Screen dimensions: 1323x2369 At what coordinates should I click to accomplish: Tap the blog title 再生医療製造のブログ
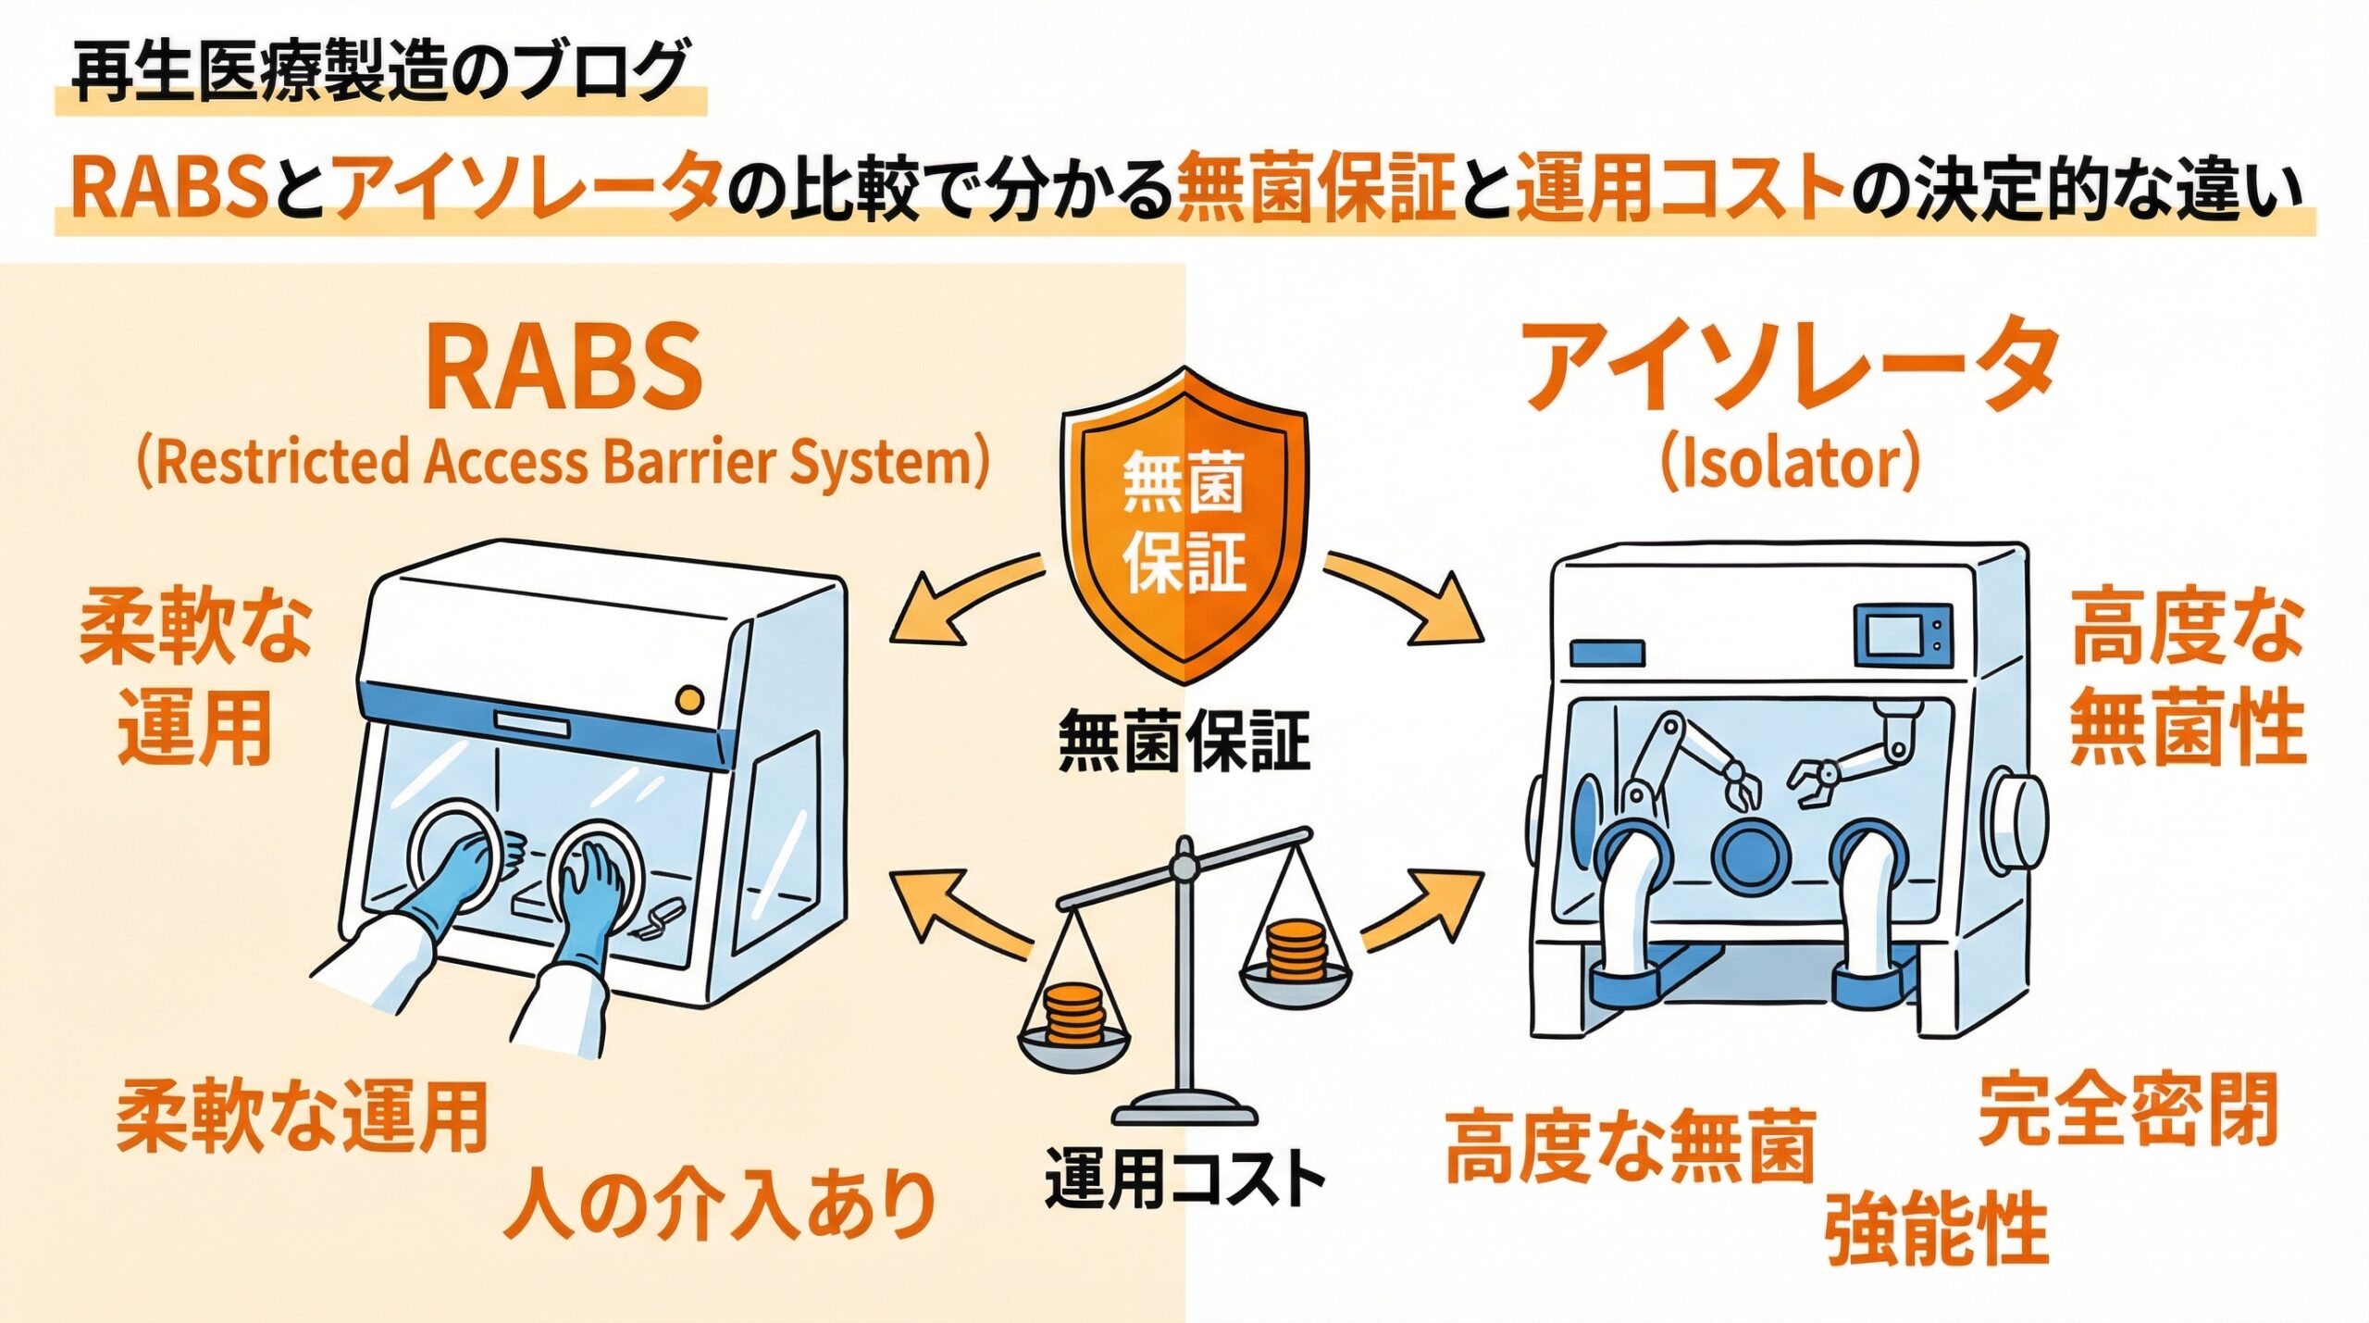(379, 72)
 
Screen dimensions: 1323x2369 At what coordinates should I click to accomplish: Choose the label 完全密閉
(2127, 1110)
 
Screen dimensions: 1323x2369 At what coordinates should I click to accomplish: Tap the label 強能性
(1936, 1229)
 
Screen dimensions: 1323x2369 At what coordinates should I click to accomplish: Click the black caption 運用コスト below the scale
(1184, 1179)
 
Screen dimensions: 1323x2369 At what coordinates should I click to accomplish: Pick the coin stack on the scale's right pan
(1295, 951)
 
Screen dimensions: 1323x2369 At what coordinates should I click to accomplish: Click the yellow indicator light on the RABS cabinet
(689, 699)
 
